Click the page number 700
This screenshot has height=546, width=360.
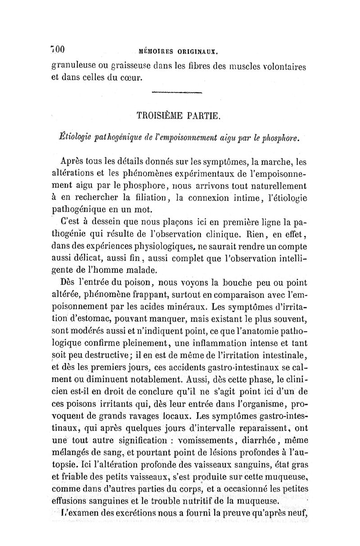58,49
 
